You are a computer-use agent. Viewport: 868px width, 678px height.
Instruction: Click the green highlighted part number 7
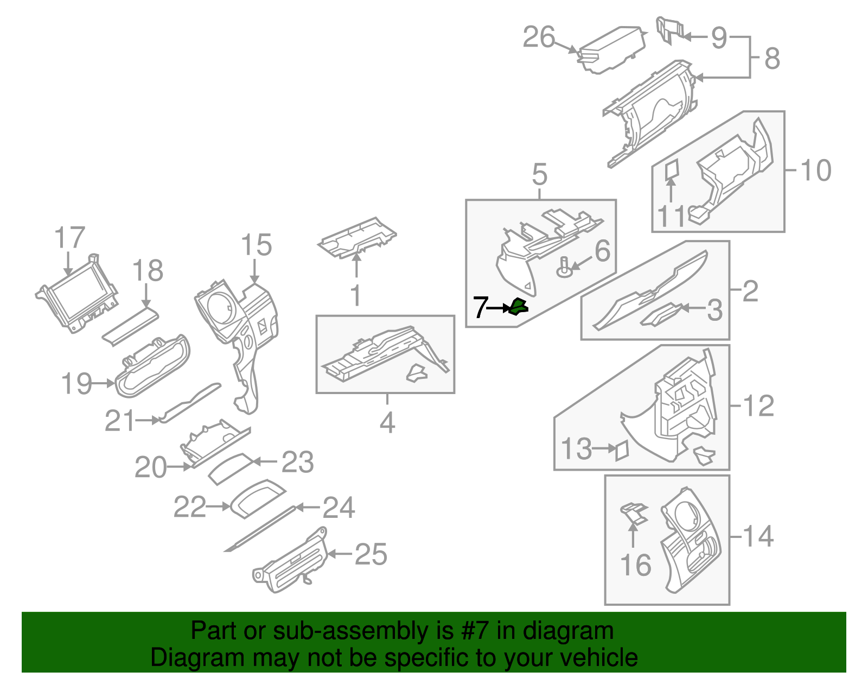pyautogui.click(x=518, y=307)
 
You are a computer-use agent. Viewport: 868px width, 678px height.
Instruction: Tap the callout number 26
pyautogui.click(x=539, y=37)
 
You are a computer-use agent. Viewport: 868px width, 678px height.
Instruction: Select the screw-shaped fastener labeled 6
pyautogui.click(x=565, y=268)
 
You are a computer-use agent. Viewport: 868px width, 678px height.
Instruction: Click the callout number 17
pyautogui.click(x=70, y=238)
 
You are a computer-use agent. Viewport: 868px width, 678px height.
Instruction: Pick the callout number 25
pyautogui.click(x=371, y=554)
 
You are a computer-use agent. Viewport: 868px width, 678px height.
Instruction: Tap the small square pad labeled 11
pyautogui.click(x=672, y=169)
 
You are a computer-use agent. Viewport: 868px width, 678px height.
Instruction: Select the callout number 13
pyautogui.click(x=576, y=449)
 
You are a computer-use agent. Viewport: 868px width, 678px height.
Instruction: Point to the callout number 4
pyautogui.click(x=387, y=422)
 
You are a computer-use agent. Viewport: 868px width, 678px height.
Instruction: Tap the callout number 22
pyautogui.click(x=190, y=507)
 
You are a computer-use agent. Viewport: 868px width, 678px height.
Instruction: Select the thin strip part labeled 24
pyautogui.click(x=260, y=530)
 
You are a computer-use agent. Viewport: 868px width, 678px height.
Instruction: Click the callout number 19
pyautogui.click(x=76, y=384)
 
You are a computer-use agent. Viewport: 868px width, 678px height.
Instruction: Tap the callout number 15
pyautogui.click(x=256, y=245)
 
